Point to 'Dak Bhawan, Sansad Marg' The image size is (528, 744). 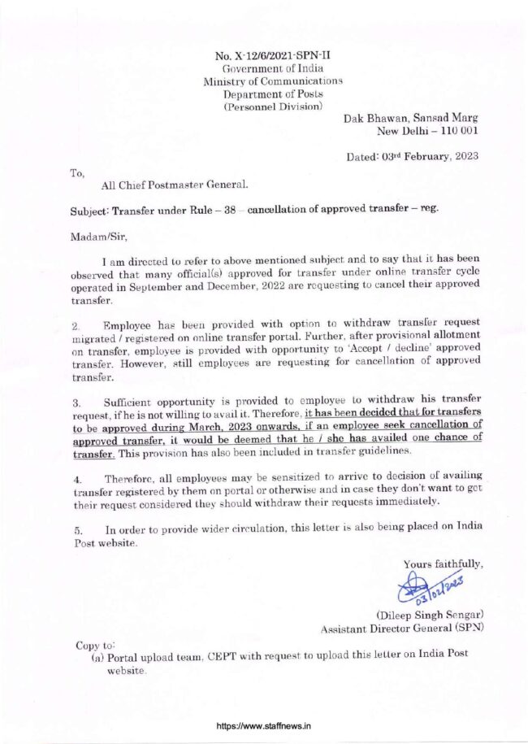[411, 119]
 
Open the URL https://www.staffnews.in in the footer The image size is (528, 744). [263, 726]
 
